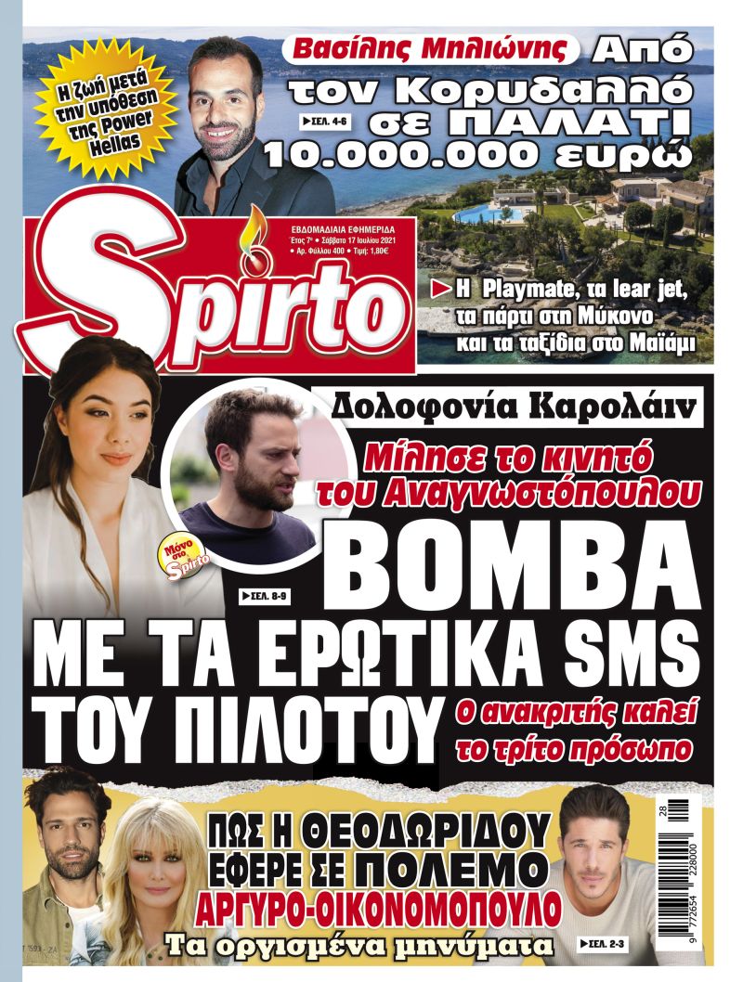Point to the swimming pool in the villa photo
point(502,214)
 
